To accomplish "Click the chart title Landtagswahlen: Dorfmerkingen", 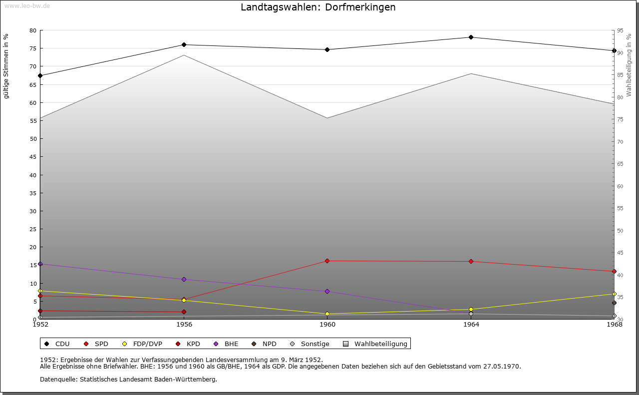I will pos(318,7).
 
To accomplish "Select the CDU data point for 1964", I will pos(471,37).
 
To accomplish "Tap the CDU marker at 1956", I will pos(184,45).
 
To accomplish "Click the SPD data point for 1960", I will pos(327,261).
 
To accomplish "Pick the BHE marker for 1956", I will pos(184,279).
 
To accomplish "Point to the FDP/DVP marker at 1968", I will pos(614,294).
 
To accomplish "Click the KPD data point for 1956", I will pos(184,312).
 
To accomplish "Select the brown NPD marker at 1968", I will pos(614,303).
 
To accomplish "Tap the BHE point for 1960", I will pos(327,291).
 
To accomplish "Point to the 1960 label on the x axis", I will pos(327,324).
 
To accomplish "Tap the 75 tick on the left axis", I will pos(33,48).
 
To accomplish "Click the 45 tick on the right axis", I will pos(620,253).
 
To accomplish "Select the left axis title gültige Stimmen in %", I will pos(6,66).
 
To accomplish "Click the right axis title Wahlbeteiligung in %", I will pos(629,65).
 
